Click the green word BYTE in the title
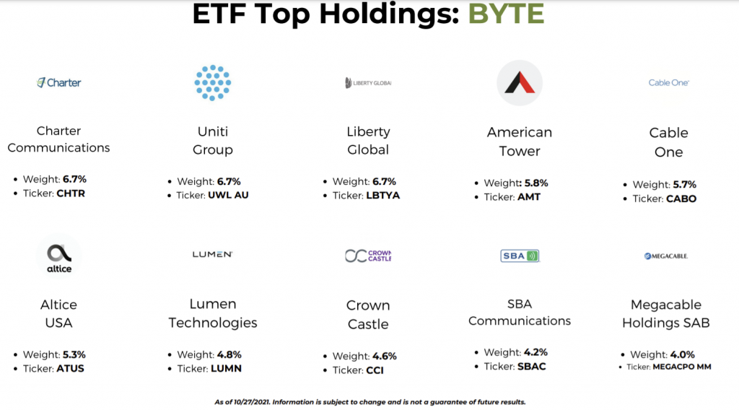coord(506,13)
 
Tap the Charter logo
coord(59,83)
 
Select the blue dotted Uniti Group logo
coord(213,83)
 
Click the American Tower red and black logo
coord(520,83)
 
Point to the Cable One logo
coord(668,83)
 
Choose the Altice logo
coord(59,256)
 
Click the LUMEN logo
coord(213,255)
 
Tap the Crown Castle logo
coord(368,256)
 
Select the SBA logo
coord(520,256)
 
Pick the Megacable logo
coord(666,256)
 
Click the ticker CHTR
coord(71,193)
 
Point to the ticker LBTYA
coord(382,195)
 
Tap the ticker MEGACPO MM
coord(682,367)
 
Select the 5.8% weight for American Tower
coord(535,183)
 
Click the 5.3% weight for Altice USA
coord(74,354)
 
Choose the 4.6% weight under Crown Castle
coord(384,357)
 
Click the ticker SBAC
coord(532,366)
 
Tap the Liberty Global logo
coord(368,83)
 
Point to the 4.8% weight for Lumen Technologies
coord(229,354)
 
